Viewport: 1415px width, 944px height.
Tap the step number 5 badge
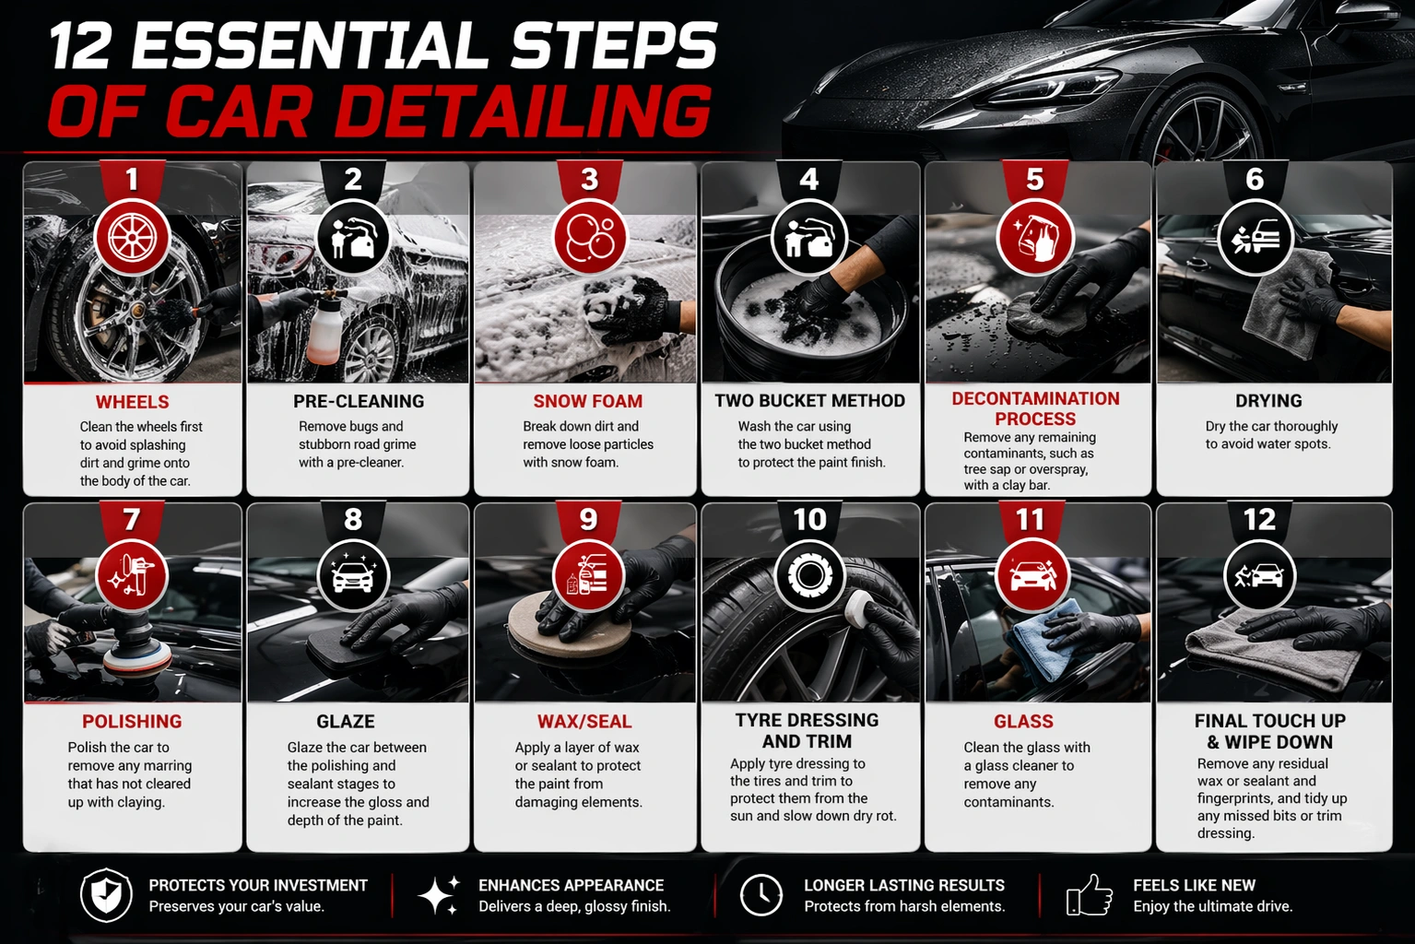1034,179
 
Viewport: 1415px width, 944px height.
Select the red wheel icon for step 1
132,238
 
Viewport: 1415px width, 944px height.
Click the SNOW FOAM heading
587,401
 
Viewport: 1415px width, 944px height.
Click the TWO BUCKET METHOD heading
809,401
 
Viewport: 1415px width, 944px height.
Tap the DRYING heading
1268,401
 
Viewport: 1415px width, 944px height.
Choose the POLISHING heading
132,722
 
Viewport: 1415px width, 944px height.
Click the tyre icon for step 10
809,576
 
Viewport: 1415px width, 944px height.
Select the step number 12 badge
1259,520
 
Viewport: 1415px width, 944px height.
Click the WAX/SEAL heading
584,722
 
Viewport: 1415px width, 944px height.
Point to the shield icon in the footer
106,895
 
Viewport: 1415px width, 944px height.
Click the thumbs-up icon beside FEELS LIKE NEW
1089,895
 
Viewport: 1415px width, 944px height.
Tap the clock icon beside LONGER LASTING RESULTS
761,895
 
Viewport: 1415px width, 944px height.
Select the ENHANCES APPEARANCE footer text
571,885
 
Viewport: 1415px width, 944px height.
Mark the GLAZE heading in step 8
346,722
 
